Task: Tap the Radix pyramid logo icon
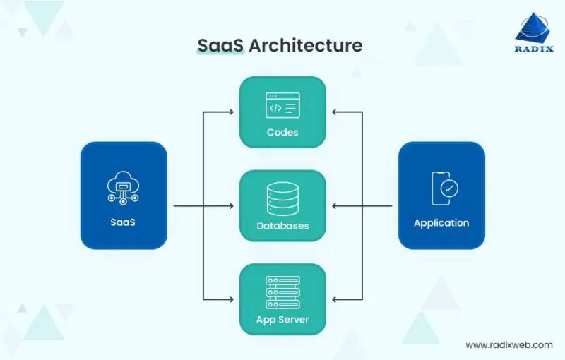(x=536, y=28)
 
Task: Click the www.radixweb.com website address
(x=509, y=344)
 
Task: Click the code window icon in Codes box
(x=282, y=106)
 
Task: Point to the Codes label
(x=282, y=132)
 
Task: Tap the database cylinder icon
(x=282, y=199)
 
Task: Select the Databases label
(x=282, y=227)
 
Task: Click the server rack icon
(x=282, y=292)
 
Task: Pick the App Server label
(x=282, y=320)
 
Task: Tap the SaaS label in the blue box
(x=124, y=222)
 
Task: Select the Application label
(x=441, y=222)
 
